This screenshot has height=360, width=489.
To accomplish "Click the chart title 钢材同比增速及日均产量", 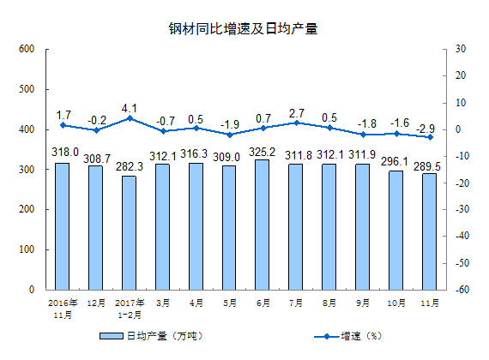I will click(243, 28).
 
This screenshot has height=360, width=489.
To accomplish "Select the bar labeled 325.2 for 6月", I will click(263, 225).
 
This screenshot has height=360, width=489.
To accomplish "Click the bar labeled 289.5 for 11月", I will click(429, 231).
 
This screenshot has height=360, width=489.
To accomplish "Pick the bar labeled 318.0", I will click(63, 226).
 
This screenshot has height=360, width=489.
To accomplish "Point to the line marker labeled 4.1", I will click(129, 118).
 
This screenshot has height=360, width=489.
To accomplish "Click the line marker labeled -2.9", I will click(429, 137).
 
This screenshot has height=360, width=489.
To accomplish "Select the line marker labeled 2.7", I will click(296, 123).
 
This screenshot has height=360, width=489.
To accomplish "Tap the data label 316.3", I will click(196, 154).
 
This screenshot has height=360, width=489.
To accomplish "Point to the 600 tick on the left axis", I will click(27, 50).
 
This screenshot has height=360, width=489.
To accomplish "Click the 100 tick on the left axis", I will click(27, 250).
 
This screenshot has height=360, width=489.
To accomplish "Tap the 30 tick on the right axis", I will click(458, 50).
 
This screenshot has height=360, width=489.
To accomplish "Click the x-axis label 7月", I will click(296, 303).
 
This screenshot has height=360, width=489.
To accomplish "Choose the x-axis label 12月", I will click(95, 303).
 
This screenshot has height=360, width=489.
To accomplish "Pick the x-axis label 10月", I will click(396, 303).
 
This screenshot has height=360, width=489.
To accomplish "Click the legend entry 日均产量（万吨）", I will click(163, 335).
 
